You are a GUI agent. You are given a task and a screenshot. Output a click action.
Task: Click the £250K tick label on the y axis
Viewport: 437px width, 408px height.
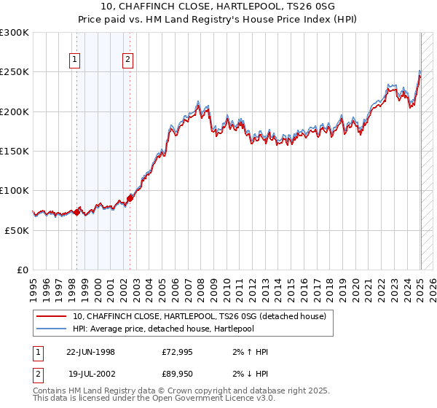click(15, 72)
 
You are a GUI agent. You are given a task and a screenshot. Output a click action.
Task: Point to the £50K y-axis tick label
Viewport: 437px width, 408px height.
click(17, 230)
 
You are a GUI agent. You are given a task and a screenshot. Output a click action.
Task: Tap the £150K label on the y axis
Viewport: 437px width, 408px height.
click(15, 151)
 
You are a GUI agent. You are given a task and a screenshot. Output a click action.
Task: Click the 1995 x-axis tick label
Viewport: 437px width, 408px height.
click(33, 285)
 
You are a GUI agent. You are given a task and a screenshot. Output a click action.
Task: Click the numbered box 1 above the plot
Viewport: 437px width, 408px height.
click(75, 60)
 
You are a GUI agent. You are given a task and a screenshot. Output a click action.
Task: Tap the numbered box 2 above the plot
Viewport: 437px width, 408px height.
click(127, 60)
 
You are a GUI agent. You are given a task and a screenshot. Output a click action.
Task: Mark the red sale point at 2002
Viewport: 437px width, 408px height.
click(130, 197)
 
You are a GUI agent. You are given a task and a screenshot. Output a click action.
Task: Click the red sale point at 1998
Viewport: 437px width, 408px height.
click(76, 212)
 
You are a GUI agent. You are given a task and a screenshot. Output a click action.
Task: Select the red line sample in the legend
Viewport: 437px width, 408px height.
click(52, 316)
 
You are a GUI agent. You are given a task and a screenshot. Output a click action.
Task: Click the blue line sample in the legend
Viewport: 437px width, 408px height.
click(52, 329)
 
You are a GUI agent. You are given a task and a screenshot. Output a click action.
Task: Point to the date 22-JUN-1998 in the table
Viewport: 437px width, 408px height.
click(90, 352)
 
